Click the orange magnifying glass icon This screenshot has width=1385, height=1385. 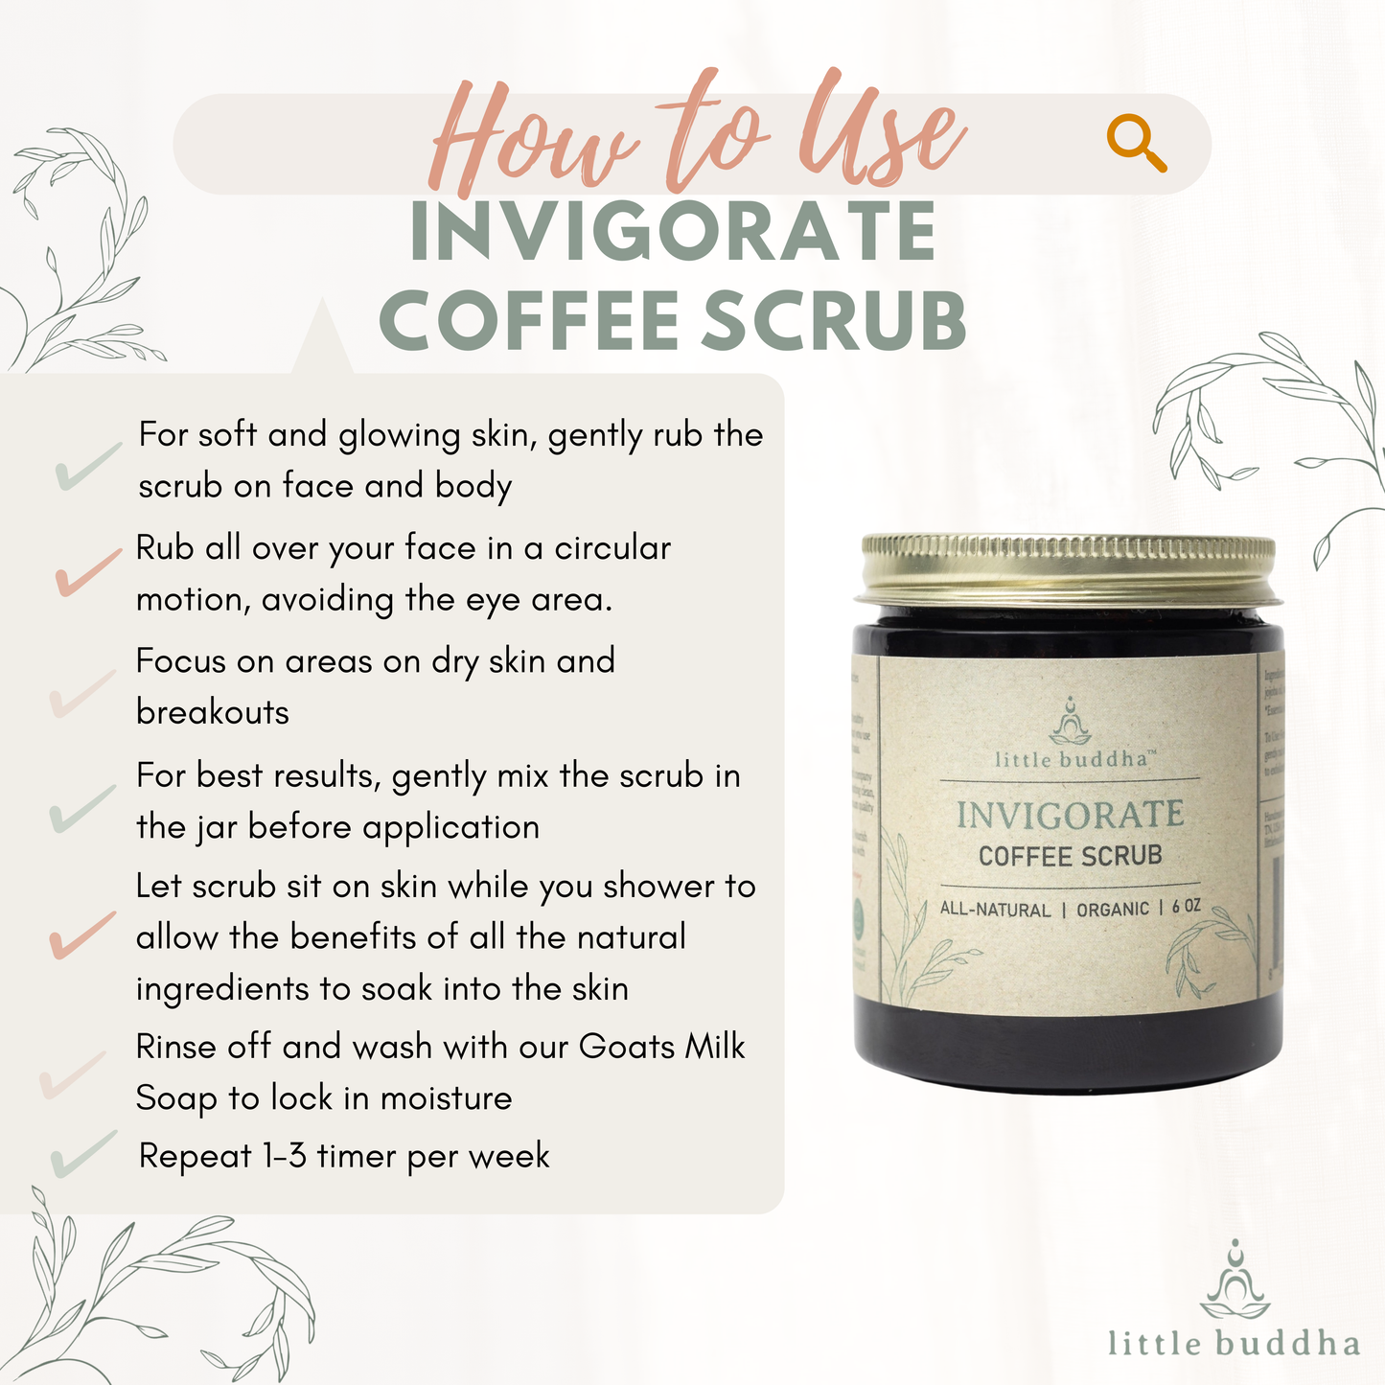[x=1137, y=144]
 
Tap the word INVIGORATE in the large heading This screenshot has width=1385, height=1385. [x=672, y=232]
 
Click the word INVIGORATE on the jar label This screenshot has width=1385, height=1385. [x=1070, y=816]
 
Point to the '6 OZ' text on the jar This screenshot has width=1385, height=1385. [x=1186, y=907]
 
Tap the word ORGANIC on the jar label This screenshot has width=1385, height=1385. [x=1112, y=909]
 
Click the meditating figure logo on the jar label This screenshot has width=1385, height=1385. [x=1071, y=722]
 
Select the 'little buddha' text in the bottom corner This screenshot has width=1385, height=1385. [x=1234, y=1343]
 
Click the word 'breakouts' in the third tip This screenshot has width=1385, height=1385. [x=213, y=712]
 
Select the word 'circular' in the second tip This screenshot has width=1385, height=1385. [x=612, y=548]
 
